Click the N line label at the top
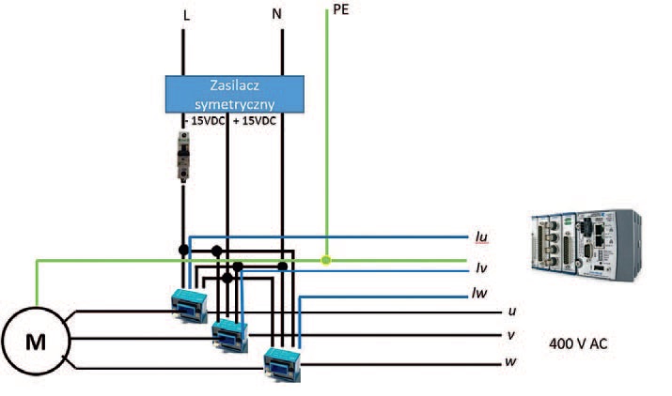pyautogui.click(x=276, y=15)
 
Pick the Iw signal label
pyautogui.click(x=480, y=293)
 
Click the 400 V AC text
pyautogui.click(x=578, y=344)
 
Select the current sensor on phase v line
pyautogui.click(x=228, y=331)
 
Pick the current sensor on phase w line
pyautogui.click(x=283, y=360)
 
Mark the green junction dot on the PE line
pyautogui.click(x=325, y=260)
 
